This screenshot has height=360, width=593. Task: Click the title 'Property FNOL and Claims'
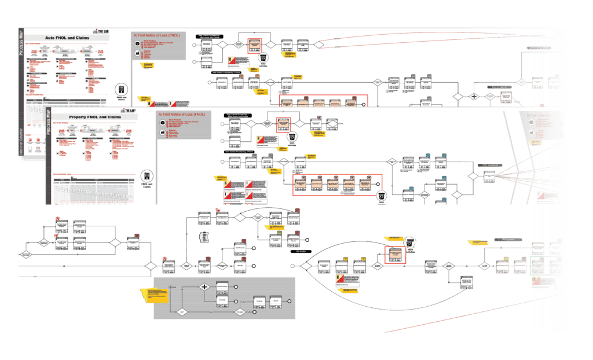click(x=94, y=117)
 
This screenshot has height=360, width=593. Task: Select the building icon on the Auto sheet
click(x=121, y=89)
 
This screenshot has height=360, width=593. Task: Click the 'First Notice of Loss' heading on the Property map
click(x=182, y=114)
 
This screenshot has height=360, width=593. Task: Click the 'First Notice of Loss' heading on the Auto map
click(x=158, y=35)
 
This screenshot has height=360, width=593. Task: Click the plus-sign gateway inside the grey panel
click(x=204, y=286)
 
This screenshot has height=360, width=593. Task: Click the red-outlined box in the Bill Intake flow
click(x=396, y=255)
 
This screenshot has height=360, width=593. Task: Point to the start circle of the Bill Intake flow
click(x=293, y=267)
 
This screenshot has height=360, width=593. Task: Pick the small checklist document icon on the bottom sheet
click(x=203, y=237)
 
